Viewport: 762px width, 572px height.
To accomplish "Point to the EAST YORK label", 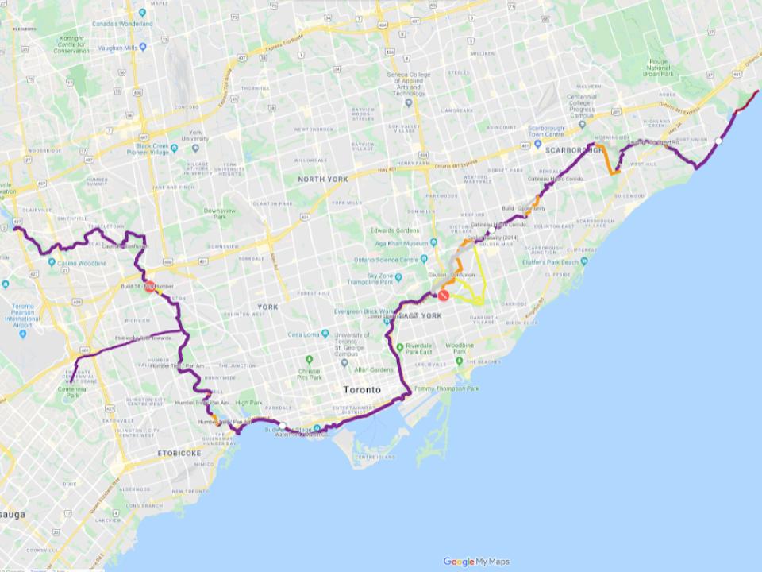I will coord(419,316).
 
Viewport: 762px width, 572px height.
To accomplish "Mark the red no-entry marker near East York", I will coord(444,296).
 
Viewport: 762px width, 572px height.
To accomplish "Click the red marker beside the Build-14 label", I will coord(149,287).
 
